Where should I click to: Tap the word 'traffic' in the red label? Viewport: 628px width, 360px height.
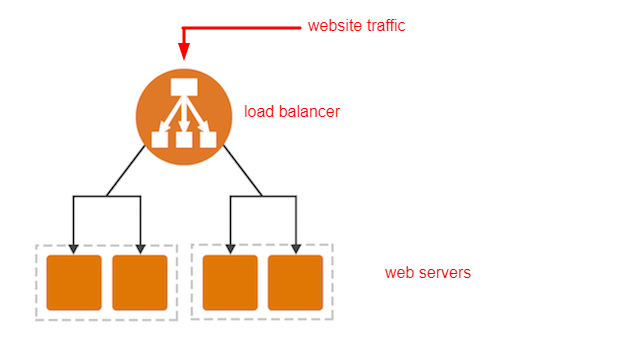(386, 26)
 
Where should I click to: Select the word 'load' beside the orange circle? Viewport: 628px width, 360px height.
(259, 112)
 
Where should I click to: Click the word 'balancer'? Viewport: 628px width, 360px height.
(309, 112)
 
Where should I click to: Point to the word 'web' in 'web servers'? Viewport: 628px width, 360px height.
(398, 273)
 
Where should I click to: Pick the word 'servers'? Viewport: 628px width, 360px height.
(443, 273)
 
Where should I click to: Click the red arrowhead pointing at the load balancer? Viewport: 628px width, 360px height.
(184, 51)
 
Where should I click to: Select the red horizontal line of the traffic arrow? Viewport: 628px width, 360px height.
(242, 28)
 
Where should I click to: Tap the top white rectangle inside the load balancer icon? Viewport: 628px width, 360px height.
(184, 87)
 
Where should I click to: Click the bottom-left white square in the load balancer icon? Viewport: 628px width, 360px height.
(159, 139)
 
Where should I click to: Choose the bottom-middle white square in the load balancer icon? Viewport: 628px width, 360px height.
(184, 139)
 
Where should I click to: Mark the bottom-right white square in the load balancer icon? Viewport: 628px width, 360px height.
(208, 139)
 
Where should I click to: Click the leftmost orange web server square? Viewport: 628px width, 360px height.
(74, 283)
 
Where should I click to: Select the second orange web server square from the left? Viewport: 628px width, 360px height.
(140, 283)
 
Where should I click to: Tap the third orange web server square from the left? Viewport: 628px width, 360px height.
(230, 283)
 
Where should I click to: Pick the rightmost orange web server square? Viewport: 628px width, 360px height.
(296, 283)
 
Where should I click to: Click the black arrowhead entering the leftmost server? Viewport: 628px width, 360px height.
(73, 249)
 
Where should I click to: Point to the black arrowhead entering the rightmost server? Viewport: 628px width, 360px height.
(296, 249)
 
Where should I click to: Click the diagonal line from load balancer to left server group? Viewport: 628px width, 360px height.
(126, 171)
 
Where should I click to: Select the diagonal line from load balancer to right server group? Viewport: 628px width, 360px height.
(243, 171)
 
